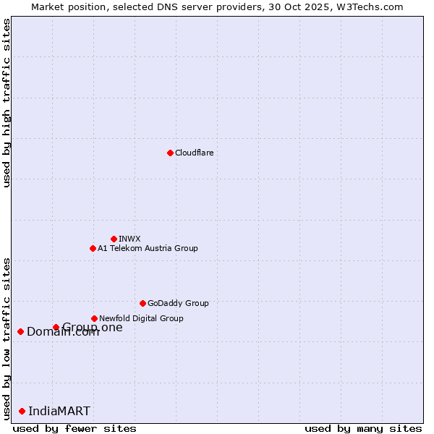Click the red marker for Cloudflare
click(170, 153)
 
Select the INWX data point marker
click(114, 239)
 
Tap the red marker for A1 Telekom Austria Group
click(93, 248)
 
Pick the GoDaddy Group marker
click(142, 303)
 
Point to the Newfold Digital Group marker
click(94, 318)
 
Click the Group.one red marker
click(56, 327)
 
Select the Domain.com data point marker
click(21, 331)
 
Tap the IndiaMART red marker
click(22, 411)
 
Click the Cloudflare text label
click(194, 153)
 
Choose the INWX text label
click(129, 239)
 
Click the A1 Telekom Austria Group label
click(148, 248)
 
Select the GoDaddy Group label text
click(178, 303)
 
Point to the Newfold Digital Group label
click(141, 318)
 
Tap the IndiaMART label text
click(59, 411)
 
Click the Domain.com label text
click(63, 332)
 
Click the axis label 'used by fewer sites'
click(75, 428)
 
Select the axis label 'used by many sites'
click(363, 428)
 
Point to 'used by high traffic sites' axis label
click(7, 103)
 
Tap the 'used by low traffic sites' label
click(7, 338)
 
